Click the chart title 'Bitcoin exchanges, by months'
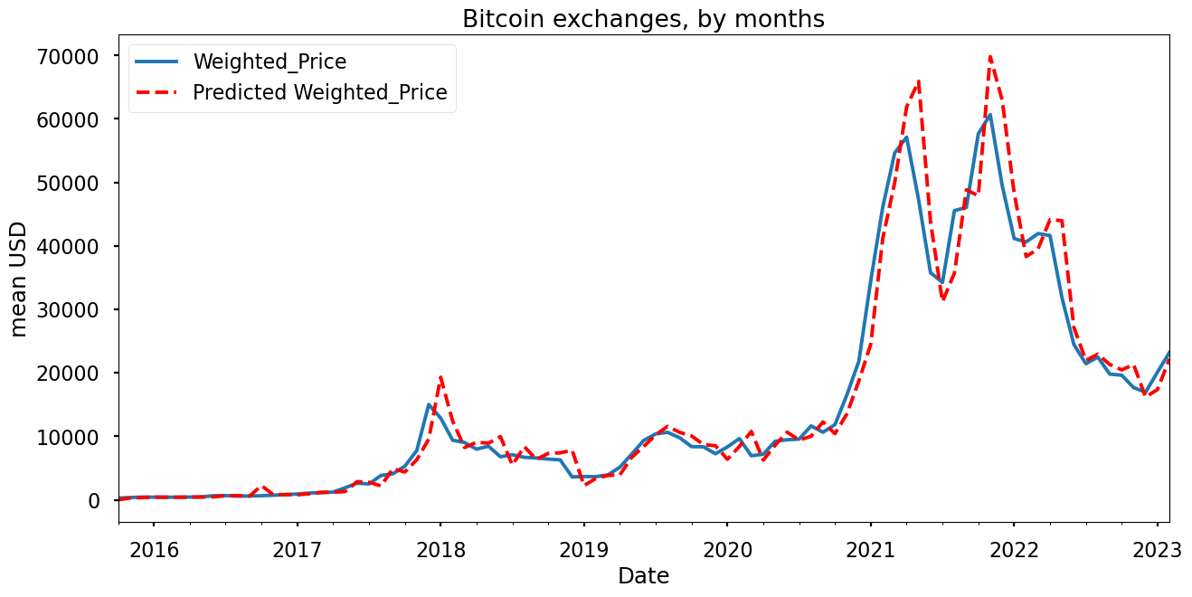(643, 19)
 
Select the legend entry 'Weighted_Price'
(270, 62)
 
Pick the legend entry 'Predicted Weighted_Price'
(319, 92)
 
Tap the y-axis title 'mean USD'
(19, 279)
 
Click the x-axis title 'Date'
(643, 576)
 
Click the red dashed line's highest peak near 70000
(990, 57)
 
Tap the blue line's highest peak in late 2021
(990, 115)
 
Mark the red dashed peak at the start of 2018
(440, 377)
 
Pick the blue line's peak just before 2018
(429, 404)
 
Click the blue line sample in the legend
(159, 62)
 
